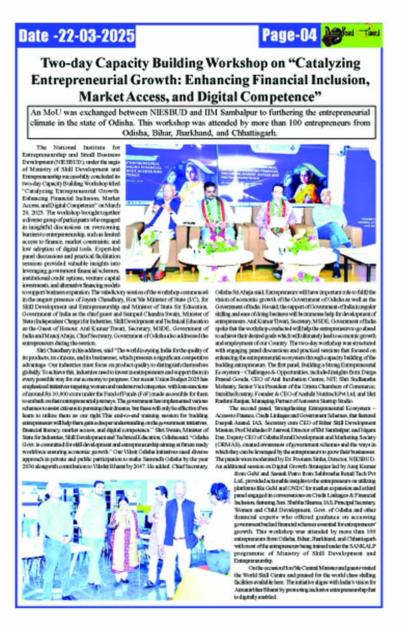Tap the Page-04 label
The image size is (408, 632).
click(x=289, y=35)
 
